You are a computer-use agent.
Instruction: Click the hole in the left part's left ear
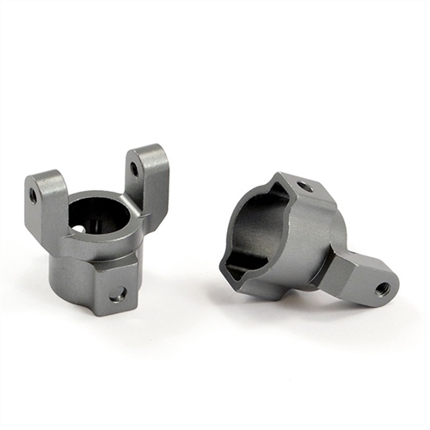(x=34, y=195)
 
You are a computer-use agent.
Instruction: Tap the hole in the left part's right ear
(x=134, y=169)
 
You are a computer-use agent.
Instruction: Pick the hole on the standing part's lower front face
(x=118, y=294)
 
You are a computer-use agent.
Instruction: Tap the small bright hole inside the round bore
(x=82, y=228)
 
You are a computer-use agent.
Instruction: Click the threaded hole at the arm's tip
(x=382, y=288)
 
